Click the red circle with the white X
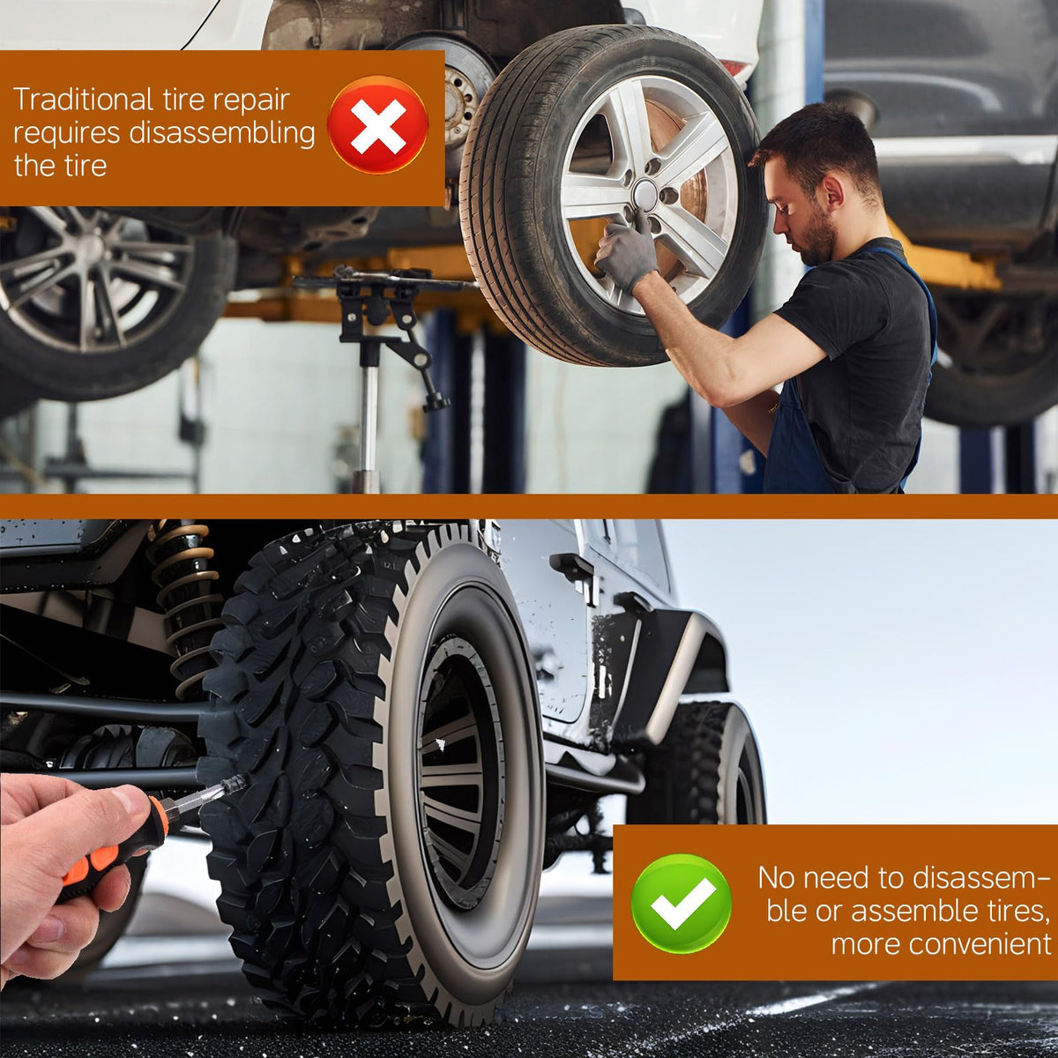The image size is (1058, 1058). [377, 125]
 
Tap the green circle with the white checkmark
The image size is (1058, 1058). [681, 904]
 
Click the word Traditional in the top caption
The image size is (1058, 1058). [83, 100]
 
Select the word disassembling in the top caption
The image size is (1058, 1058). [222, 133]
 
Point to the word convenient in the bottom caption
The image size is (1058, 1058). [941, 943]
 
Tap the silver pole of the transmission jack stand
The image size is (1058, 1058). [369, 417]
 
